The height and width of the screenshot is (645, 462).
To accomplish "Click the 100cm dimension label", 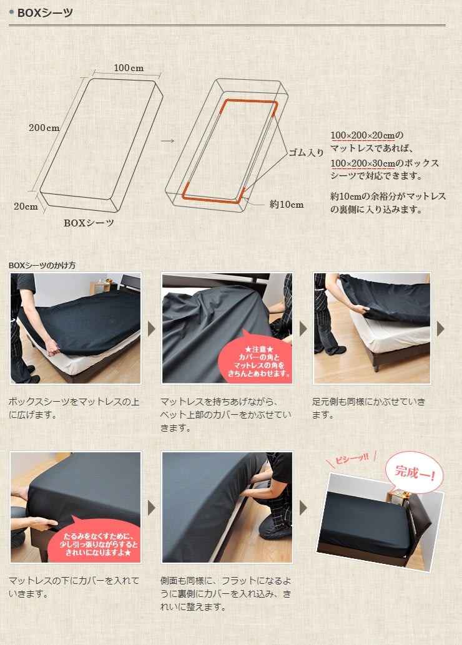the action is click(129, 68).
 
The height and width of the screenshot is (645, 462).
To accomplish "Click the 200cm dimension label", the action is click(44, 128).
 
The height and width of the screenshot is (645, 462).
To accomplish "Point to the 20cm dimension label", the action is click(26, 206).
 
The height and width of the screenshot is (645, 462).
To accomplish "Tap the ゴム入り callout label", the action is click(306, 153).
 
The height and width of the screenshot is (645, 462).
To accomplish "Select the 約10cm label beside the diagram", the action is click(287, 205).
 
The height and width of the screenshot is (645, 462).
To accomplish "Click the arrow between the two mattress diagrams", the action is click(167, 141).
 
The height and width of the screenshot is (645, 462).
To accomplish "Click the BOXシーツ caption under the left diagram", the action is click(89, 223).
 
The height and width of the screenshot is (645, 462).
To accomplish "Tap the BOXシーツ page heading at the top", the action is click(45, 12).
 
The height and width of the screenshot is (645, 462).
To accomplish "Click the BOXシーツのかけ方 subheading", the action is click(42, 265).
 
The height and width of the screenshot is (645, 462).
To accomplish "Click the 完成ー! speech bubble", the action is click(414, 472).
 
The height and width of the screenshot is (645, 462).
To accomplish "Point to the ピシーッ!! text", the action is click(351, 458).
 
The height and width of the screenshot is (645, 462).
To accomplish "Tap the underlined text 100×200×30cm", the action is click(363, 163).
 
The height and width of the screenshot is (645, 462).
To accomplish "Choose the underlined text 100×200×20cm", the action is click(363, 135).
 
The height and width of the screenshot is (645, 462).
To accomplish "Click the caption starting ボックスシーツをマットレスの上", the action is click(74, 408).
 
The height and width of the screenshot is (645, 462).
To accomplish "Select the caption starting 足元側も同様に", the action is click(368, 408).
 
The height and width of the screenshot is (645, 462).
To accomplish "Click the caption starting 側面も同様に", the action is click(225, 594).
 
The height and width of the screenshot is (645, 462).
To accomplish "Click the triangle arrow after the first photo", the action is click(151, 329).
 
